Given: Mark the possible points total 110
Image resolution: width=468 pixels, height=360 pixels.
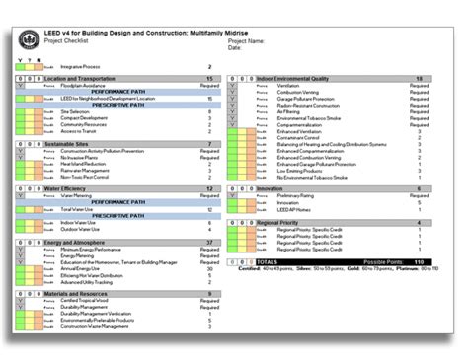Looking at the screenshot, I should pyautogui.click(x=419, y=261).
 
